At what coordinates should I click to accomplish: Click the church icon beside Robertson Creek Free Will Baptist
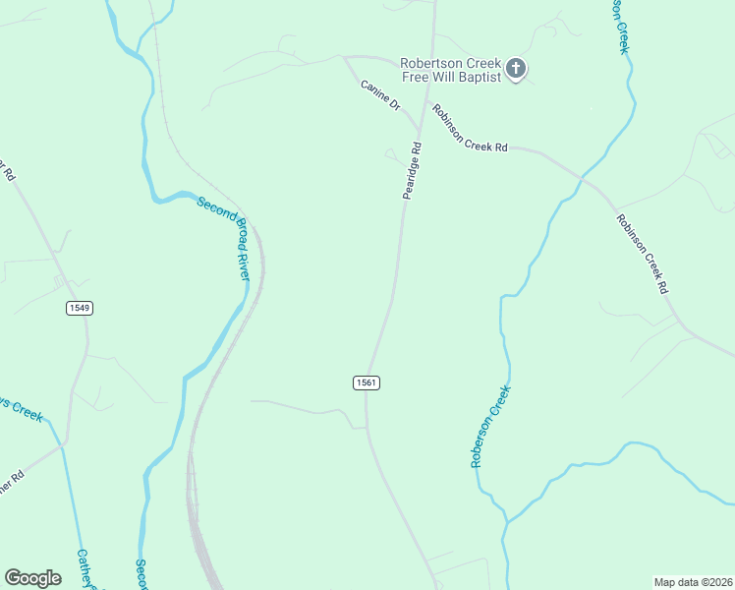coord(516,70)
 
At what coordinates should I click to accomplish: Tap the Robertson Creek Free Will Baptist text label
coord(451,70)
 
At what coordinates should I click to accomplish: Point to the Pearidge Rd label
coord(412,171)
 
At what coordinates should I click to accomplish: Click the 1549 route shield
coord(80,308)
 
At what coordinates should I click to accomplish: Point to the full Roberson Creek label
coord(490,426)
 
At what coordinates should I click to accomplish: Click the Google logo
coord(32,578)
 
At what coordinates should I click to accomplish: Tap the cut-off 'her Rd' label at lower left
coord(10,483)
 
